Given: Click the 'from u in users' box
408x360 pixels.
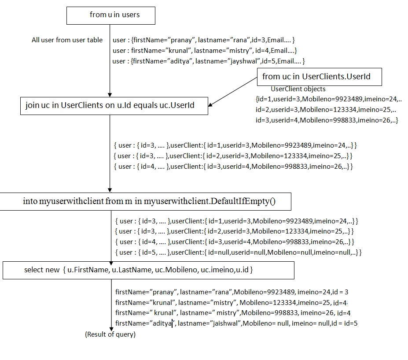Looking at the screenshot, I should click(x=110, y=15).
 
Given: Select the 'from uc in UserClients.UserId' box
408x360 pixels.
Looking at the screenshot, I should click(x=320, y=77).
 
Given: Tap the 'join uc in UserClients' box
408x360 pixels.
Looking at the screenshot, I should click(x=114, y=106).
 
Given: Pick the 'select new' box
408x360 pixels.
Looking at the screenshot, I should click(x=148, y=270).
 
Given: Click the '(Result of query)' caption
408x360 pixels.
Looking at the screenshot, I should click(x=110, y=334).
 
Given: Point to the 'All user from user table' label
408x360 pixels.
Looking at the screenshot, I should click(x=67, y=40).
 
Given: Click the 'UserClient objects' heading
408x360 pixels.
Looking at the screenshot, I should click(x=298, y=89).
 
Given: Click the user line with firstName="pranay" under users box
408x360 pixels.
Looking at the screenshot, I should click(x=204, y=40).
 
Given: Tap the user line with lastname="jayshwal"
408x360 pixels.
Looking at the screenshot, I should click(x=209, y=61).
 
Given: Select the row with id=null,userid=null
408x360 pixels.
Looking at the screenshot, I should click(x=238, y=252).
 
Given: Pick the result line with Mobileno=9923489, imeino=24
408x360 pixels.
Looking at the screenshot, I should click(x=232, y=292).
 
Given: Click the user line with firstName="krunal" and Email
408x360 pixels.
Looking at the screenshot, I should click(x=205, y=51).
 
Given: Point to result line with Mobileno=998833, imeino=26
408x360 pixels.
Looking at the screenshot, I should click(x=232, y=313).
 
